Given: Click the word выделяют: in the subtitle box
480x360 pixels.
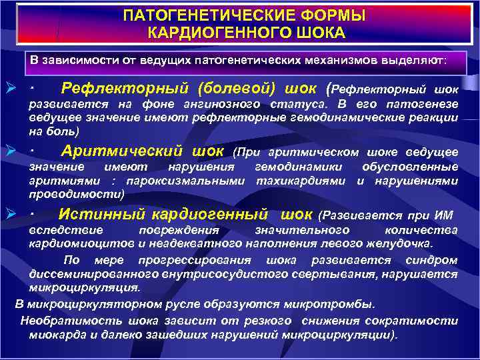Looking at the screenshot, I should tap(417, 59).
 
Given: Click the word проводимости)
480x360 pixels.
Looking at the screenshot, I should tap(77, 193).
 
